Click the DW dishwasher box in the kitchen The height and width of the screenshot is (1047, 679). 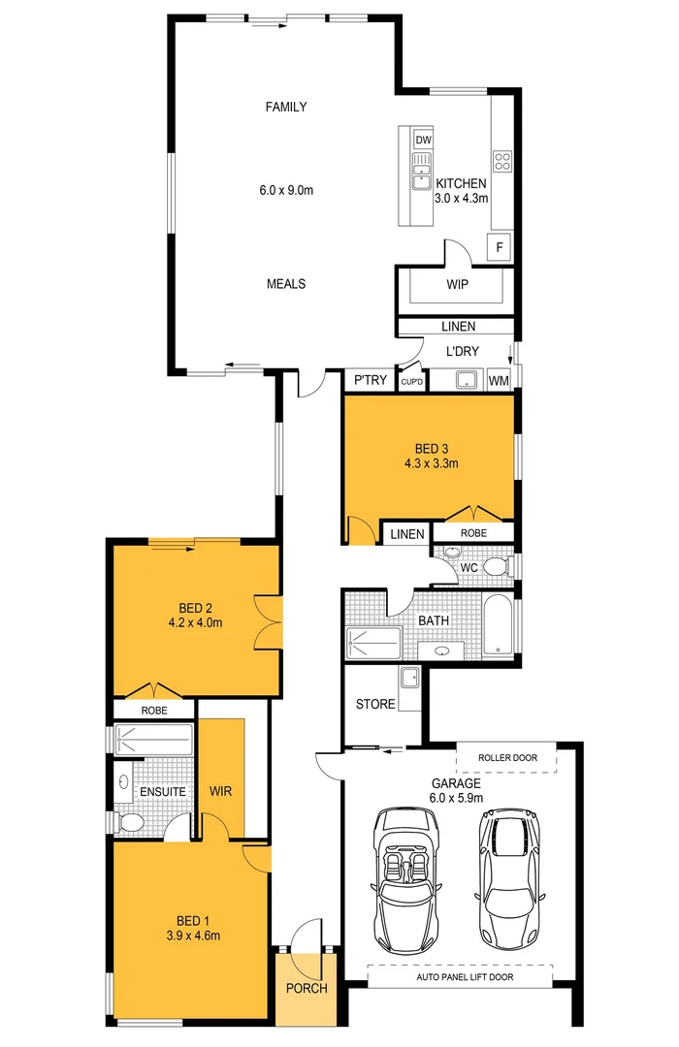pos(423,141)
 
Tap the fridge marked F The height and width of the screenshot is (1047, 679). pos(500,246)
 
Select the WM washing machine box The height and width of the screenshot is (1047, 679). pos(499,381)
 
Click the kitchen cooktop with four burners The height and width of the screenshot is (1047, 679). pos(502,161)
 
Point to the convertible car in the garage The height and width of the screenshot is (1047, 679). pos(405,878)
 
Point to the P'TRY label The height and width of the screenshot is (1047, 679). pos(371,381)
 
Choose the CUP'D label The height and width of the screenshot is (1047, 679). pos(412,382)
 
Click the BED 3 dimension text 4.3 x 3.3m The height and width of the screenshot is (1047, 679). pos(431,463)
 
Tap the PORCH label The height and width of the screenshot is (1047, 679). pos(306,989)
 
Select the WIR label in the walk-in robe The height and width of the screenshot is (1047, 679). pos(220,791)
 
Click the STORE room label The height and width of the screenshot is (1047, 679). pos(375,704)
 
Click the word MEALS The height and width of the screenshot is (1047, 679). pos(286,284)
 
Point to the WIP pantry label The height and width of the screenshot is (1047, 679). pos(458,286)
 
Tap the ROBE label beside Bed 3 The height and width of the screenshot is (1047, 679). pos(472,532)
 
